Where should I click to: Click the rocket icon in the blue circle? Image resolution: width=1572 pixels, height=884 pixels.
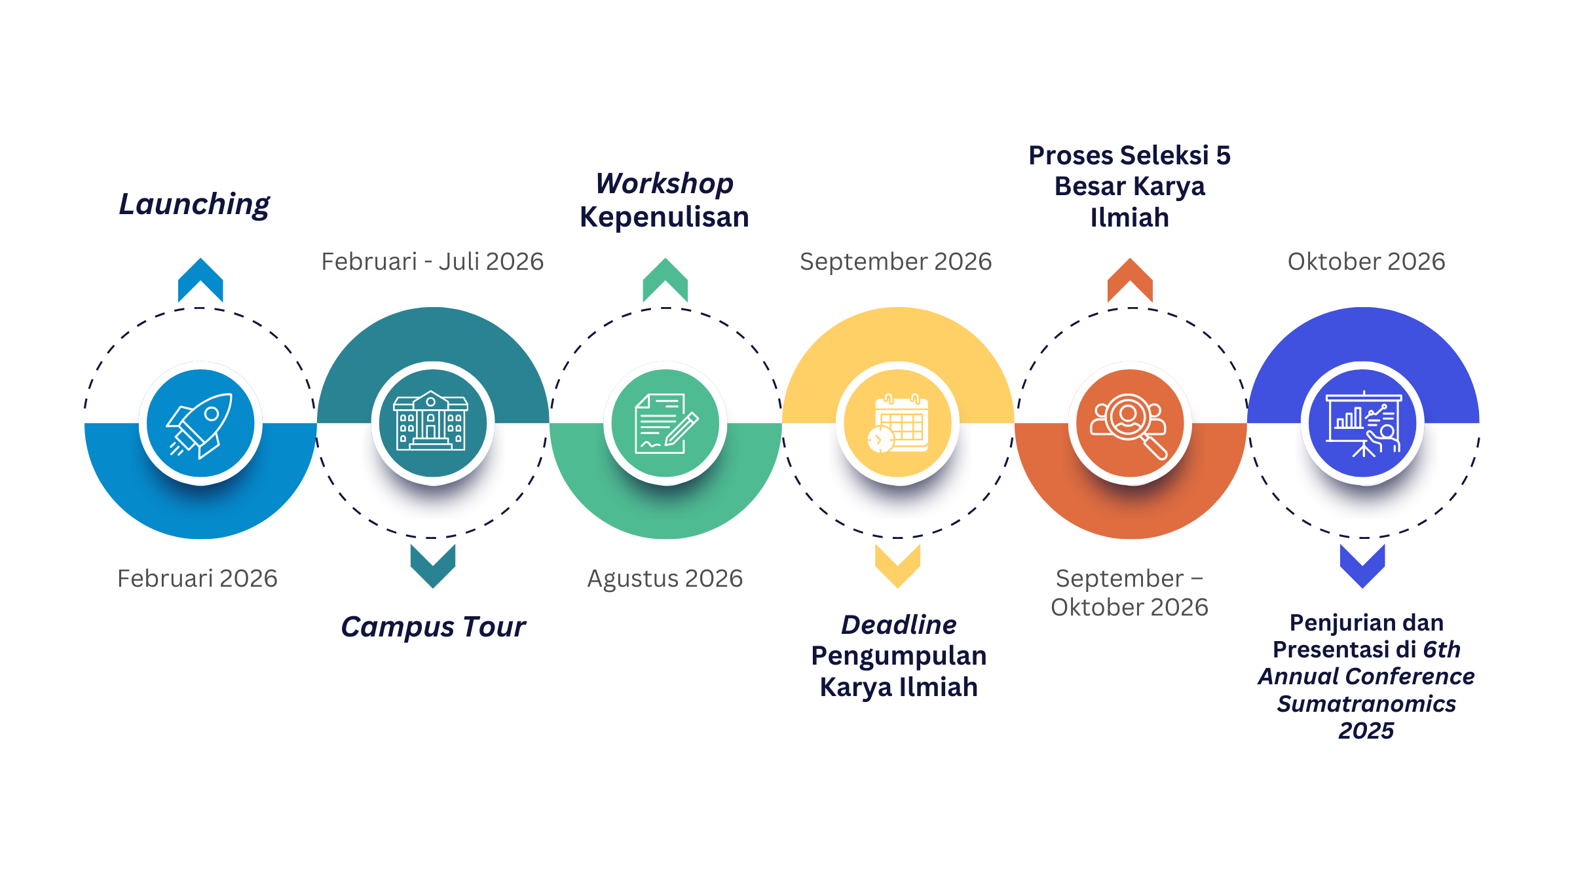pyautogui.click(x=200, y=424)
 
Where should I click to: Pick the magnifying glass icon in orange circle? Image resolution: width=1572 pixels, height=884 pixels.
pyautogui.click(x=1130, y=424)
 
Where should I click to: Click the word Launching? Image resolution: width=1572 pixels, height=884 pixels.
pyautogui.click(x=194, y=205)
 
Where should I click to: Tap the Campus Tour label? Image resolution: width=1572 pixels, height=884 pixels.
pyautogui.click(x=433, y=627)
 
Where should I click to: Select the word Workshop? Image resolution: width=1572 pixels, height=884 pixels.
pyautogui.click(x=664, y=184)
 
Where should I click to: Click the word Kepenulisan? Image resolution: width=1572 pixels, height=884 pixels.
pyautogui.click(x=664, y=217)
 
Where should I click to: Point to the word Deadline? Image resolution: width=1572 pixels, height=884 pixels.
pyautogui.click(x=899, y=625)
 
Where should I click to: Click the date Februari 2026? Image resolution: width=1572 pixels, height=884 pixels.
pyautogui.click(x=197, y=579)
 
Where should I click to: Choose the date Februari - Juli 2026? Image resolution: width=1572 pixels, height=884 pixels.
pyautogui.click(x=432, y=262)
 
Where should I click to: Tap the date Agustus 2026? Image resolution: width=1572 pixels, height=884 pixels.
pyautogui.click(x=665, y=579)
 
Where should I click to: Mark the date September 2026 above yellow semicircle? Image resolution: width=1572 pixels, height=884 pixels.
pyautogui.click(x=895, y=262)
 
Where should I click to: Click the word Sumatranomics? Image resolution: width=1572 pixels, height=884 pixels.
pyautogui.click(x=1366, y=704)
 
